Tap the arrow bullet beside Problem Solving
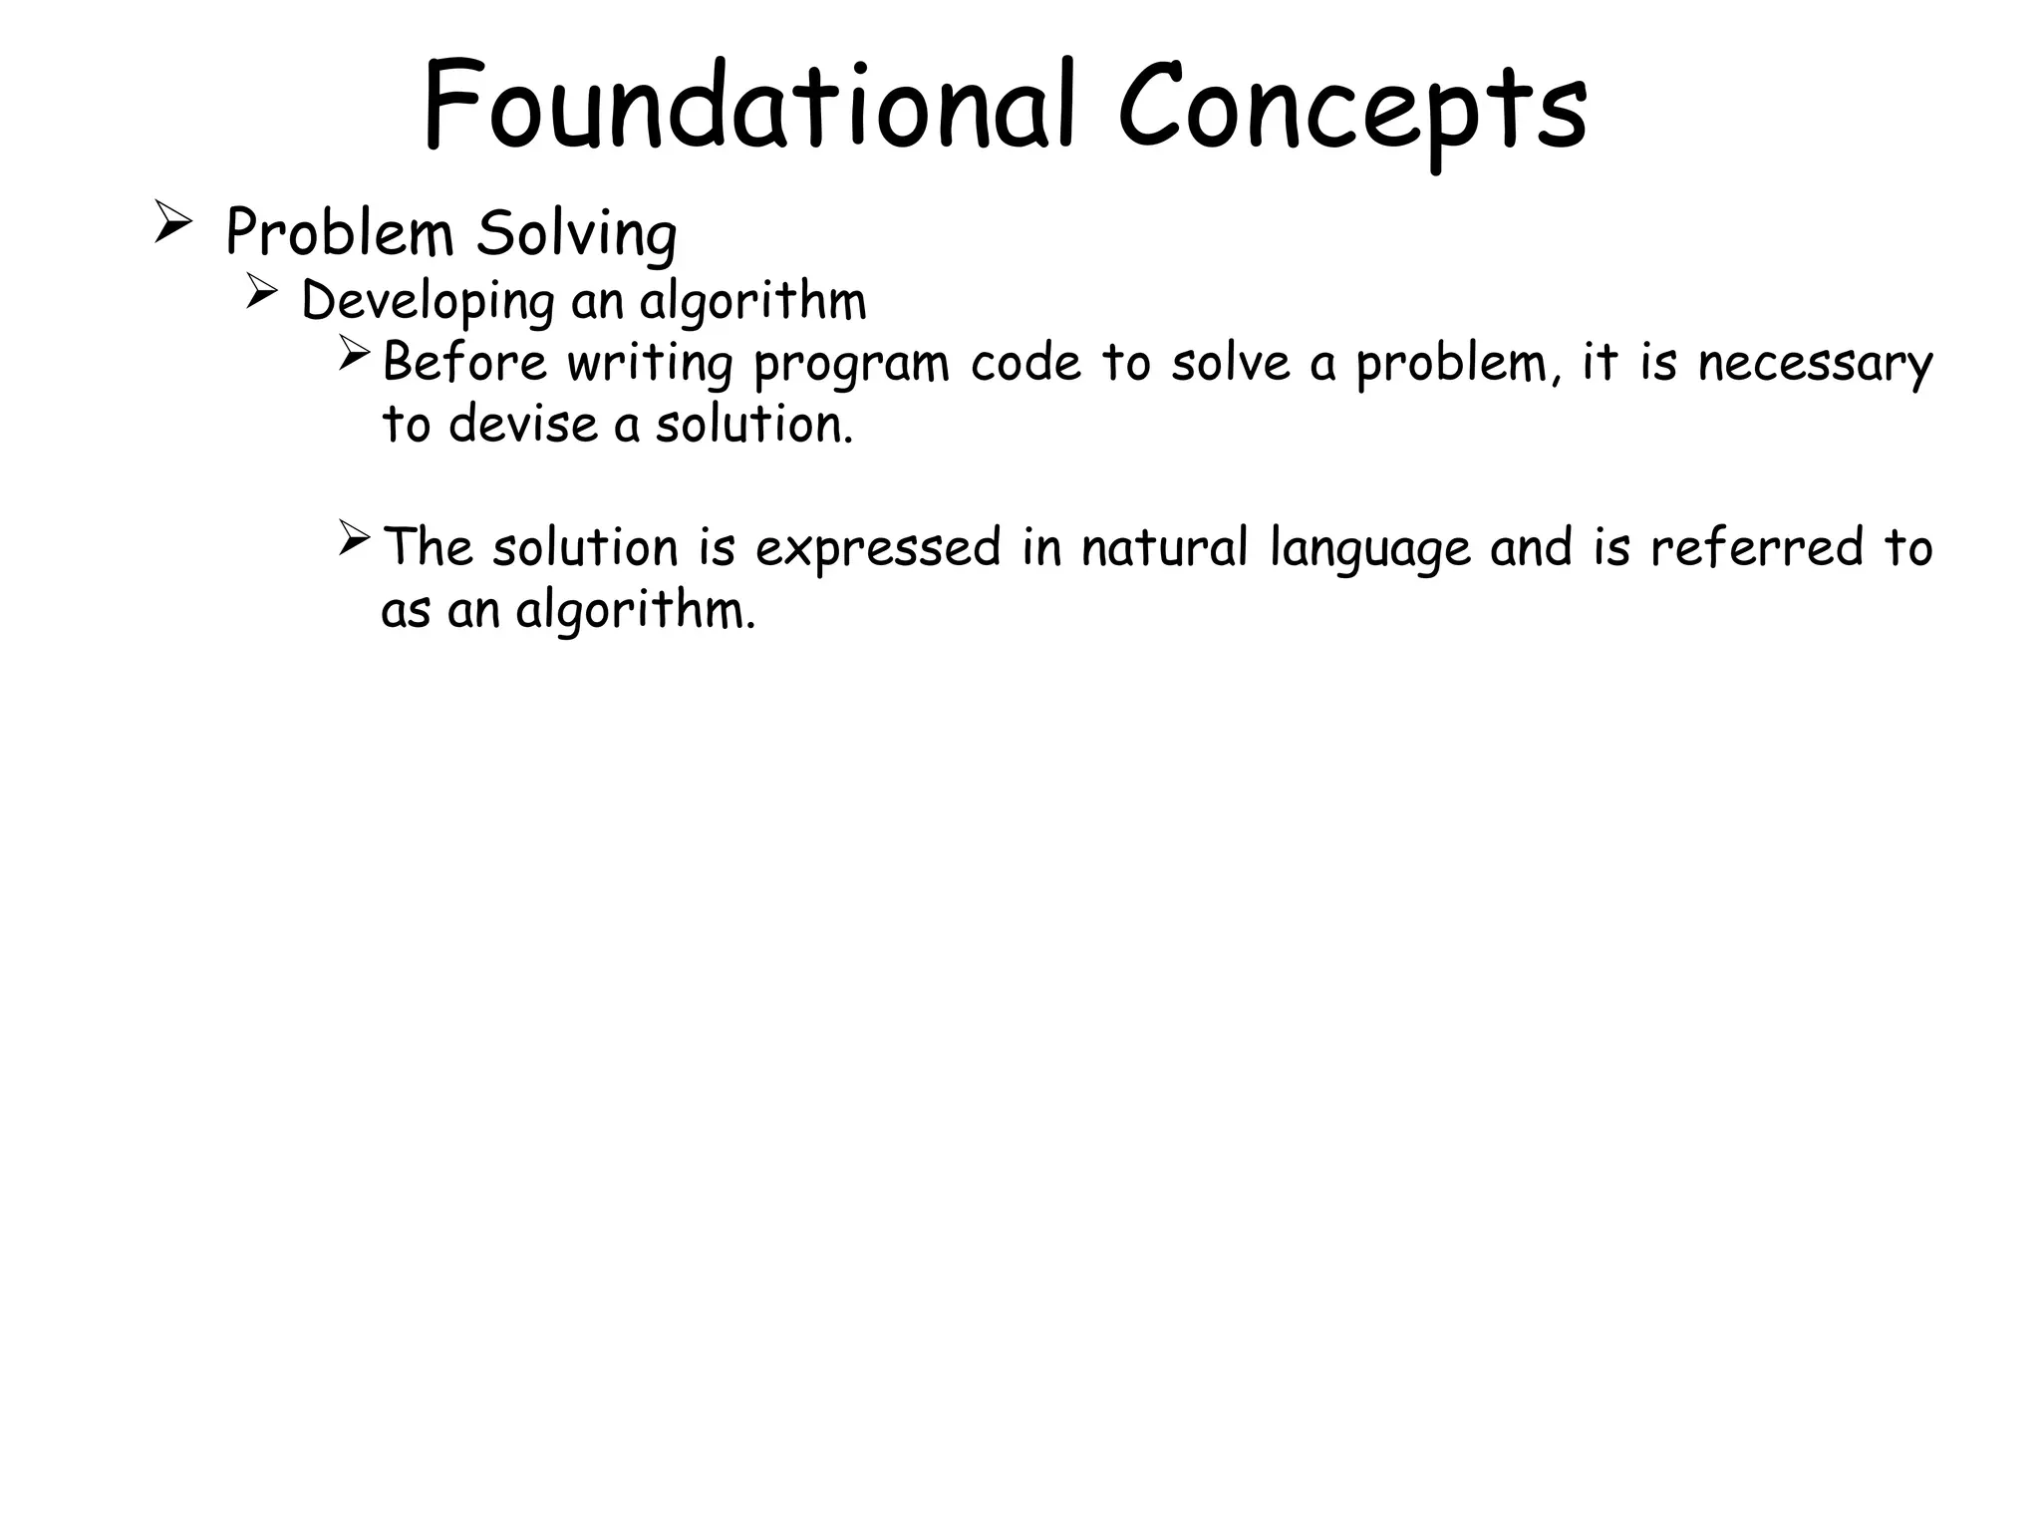[172, 220]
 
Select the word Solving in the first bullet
[577, 234]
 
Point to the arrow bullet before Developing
[261, 292]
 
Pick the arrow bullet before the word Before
[354, 354]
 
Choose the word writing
[650, 362]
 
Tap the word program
[851, 364]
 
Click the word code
[1025, 362]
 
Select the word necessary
[1815, 364]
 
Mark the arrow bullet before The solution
[354, 538]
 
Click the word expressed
[877, 549]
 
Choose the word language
[1370, 549]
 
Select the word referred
[1756, 547]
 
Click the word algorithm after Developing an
[752, 301]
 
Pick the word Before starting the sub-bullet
[464, 362]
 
